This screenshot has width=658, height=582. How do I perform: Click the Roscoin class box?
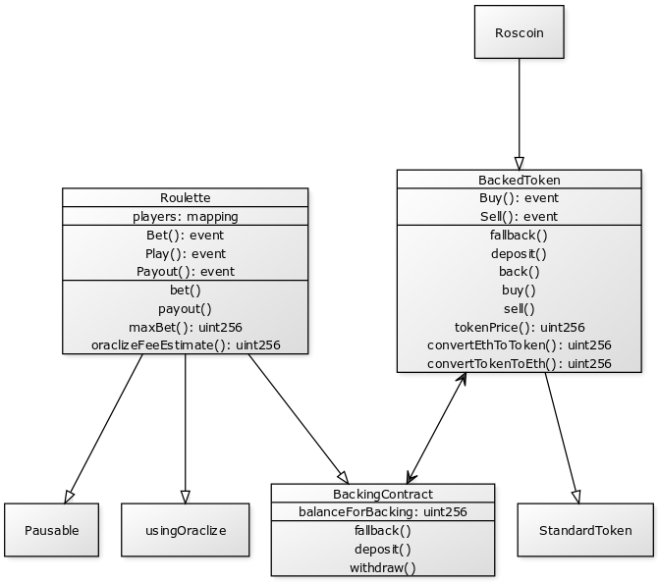tap(519, 31)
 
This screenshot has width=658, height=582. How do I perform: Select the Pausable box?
tap(51, 530)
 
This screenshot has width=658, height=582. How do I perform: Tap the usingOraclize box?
tap(185, 530)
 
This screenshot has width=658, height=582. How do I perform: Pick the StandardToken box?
tap(585, 530)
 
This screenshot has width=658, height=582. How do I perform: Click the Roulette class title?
tap(185, 197)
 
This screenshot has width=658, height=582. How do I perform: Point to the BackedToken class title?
tap(519, 180)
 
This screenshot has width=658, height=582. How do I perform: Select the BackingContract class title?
tap(382, 494)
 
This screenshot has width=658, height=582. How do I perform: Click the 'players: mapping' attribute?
tap(185, 216)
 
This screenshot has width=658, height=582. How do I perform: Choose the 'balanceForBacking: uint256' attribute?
tap(382, 511)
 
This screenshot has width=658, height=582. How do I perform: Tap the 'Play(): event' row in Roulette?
tap(185, 253)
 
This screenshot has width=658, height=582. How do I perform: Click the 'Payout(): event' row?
tap(185, 271)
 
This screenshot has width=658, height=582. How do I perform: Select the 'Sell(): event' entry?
tap(519, 216)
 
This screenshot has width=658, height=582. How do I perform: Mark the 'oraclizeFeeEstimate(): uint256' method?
tap(185, 344)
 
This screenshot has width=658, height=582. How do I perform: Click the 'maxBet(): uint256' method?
tap(185, 327)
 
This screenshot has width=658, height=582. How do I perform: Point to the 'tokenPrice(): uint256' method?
tap(519, 327)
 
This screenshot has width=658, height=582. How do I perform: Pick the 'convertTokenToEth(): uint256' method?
tap(519, 363)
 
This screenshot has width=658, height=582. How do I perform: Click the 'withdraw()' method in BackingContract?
tap(382, 567)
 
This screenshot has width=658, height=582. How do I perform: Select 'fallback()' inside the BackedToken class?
tap(519, 235)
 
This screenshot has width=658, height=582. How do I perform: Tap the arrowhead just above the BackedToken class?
tap(519, 163)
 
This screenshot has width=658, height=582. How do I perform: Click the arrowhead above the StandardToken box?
tap(576, 497)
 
